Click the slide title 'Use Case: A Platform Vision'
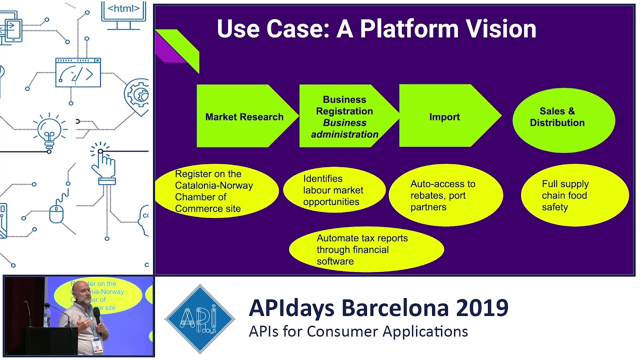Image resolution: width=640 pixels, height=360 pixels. (376, 29)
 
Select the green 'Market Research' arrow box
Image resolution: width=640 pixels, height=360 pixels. (244, 116)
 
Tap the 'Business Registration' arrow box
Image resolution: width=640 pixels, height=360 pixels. (345, 116)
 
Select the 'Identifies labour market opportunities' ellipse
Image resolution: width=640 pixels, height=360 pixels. (333, 190)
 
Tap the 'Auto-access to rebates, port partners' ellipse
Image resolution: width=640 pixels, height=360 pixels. (445, 195)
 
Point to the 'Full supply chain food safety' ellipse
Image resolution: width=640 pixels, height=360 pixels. (574, 195)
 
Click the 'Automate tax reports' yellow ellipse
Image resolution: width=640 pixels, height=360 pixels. (366, 249)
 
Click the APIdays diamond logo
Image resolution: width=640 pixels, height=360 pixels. (199, 319)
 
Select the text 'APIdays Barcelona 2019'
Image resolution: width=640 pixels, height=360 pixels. (378, 308)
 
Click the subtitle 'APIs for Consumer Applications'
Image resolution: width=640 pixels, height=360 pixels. (358, 331)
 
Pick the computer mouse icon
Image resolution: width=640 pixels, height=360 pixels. (56, 213)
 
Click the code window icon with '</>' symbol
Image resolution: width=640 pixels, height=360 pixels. (78, 73)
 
